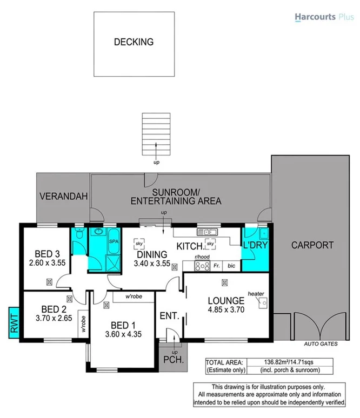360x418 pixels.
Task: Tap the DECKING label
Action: coord(134,42)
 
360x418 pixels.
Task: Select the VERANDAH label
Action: coord(63,198)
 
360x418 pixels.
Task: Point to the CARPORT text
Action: coord(312,245)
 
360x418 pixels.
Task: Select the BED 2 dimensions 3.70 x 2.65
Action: coord(53,318)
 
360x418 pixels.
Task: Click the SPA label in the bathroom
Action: coord(114,242)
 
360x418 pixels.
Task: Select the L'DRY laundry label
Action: coord(256,245)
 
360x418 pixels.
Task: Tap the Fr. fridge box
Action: coord(216,266)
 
